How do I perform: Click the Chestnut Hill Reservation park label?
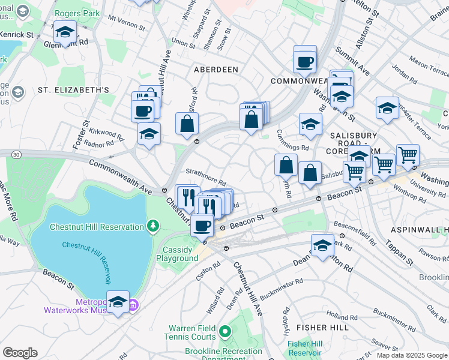96,226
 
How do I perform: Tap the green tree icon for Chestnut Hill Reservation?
154,226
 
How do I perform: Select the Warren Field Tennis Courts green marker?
224,331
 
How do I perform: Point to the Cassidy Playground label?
177,254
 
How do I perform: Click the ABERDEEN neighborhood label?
216,70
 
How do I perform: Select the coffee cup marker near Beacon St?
202,226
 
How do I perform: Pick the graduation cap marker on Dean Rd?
322,245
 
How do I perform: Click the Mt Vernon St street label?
127,23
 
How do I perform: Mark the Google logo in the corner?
20,353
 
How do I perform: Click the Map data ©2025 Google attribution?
412,355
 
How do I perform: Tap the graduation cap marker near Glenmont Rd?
64,32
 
